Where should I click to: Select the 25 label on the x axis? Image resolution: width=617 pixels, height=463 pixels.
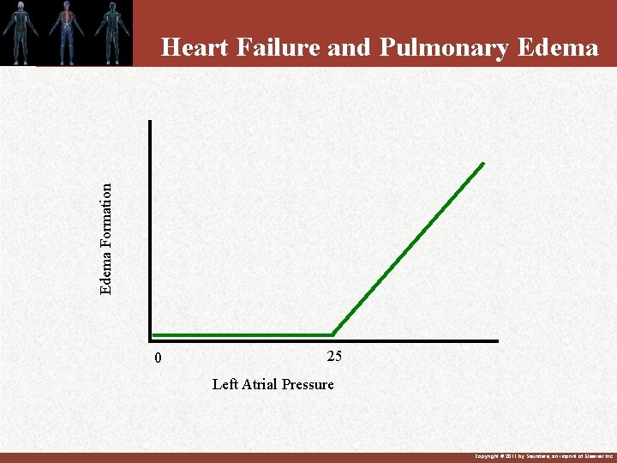point(334,357)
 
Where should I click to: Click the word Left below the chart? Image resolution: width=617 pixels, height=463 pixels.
point(225,384)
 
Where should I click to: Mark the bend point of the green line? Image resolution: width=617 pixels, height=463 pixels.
point(332,334)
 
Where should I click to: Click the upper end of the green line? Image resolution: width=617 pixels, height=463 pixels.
point(482,163)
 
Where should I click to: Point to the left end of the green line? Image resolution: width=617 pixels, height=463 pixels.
point(153,334)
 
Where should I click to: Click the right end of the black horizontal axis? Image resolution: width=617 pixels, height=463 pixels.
point(496,341)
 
